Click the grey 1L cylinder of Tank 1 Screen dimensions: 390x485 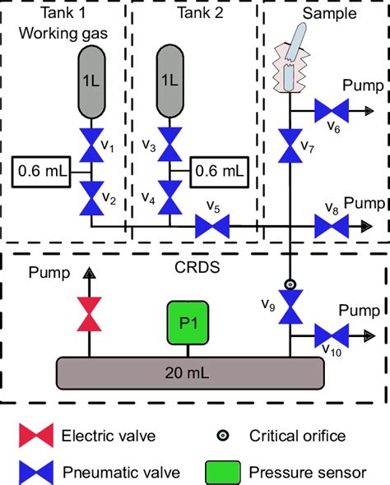tap(91, 82)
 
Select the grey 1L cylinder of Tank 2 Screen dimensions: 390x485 tap(169, 81)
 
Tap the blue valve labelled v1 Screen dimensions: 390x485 tap(91, 145)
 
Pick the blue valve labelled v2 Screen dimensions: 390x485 tap(91, 198)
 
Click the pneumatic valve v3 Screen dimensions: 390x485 tap(169, 145)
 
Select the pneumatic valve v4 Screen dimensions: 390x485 tap(169, 197)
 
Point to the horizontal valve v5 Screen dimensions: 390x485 tap(212, 226)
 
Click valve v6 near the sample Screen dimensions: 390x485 tap(332, 110)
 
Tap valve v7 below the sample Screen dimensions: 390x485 tap(290, 145)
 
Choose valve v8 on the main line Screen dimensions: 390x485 tap(332, 226)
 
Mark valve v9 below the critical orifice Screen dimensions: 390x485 tap(290, 307)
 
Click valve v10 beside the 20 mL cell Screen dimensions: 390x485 tap(332, 335)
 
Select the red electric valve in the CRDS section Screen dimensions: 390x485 tap(89, 314)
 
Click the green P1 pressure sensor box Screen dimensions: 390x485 tap(188, 323)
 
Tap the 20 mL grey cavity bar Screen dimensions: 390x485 tap(190, 373)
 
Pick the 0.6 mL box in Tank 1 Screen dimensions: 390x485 tap(41, 172)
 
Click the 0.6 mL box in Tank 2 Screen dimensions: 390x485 tap(219, 172)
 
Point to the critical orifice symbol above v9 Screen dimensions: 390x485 tap(290, 284)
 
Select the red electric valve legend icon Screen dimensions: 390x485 tap(36, 436)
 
